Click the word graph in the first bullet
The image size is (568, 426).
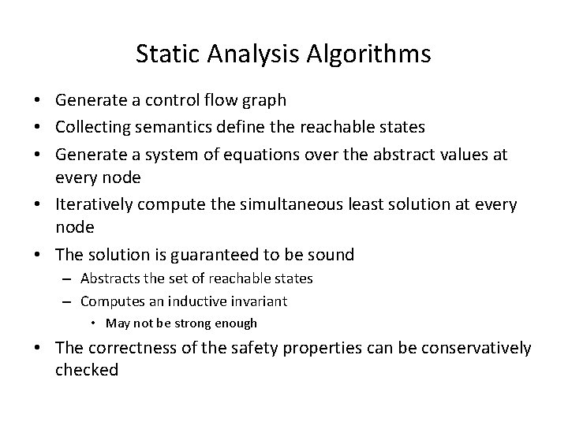coord(267,100)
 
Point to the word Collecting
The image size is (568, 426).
coord(91,126)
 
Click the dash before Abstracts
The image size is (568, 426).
coord(69,278)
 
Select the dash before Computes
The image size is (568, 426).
coord(69,301)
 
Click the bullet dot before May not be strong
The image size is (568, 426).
coord(94,323)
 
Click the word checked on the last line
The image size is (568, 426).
coord(87,369)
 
